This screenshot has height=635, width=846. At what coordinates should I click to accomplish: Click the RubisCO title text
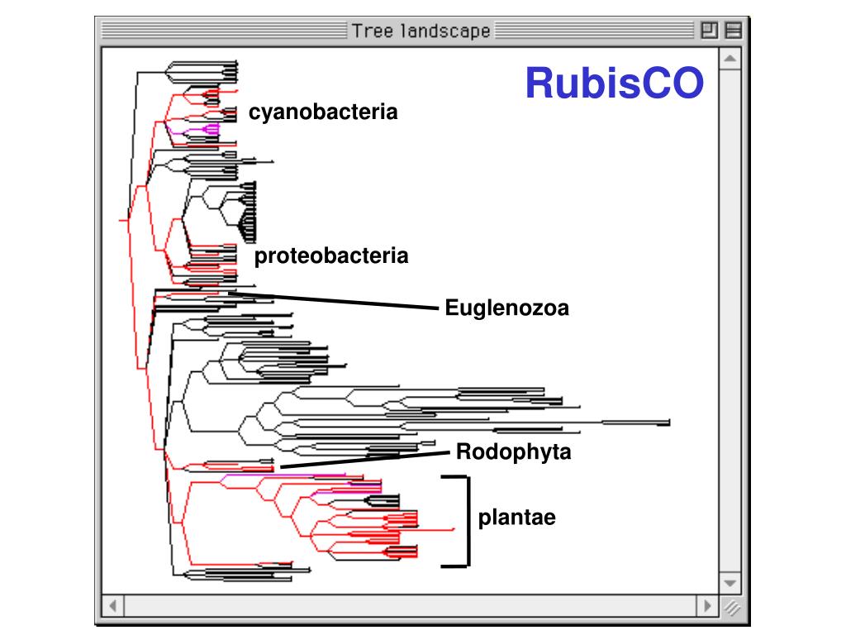pos(615,83)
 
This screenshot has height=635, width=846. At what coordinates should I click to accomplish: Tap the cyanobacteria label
pos(323,112)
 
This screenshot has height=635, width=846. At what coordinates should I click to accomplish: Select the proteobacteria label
pos(330,256)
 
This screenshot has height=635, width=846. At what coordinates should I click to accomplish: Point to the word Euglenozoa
pos(506,309)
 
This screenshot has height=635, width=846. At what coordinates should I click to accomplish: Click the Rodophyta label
pos(513,452)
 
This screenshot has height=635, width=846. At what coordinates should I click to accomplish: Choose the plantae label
pos(516,518)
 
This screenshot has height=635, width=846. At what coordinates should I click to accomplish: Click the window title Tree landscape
pos(421,31)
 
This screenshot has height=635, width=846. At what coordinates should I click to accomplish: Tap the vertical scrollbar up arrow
pos(730,60)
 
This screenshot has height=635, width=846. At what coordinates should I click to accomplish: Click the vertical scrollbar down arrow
pos(730,582)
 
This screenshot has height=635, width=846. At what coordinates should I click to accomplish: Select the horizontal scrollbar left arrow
pos(112,605)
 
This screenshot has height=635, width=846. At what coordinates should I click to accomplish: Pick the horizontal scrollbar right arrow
pos(707,605)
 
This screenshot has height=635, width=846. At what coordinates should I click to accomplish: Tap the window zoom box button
pos(709,31)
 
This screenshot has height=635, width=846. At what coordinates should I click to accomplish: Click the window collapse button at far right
pos(731,31)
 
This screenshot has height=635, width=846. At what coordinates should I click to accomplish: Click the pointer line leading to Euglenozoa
pos(330,299)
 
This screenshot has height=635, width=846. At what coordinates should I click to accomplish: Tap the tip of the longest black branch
pos(668,423)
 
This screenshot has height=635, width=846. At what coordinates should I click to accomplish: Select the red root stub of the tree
pos(123,221)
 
